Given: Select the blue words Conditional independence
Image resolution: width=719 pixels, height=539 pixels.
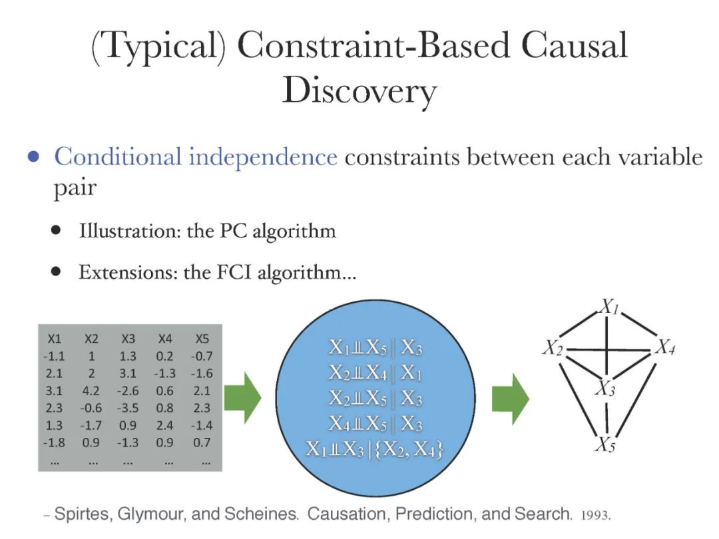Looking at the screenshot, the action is pos(196,157).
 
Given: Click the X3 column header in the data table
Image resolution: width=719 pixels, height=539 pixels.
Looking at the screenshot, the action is pos(128,339).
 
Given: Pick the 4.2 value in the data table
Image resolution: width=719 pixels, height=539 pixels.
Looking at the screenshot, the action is pos(91,391).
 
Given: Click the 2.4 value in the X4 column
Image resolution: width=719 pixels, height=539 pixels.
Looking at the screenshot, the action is pos(166,425).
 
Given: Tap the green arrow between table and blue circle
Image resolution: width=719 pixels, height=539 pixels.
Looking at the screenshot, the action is pos(242,399).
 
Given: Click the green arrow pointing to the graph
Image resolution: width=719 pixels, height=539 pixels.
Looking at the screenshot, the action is pos(510,399).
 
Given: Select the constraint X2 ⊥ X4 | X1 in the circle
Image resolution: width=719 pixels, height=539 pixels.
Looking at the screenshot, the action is pos(375,373).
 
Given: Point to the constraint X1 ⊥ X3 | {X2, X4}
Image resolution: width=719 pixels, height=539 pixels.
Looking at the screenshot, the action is pos(375,450).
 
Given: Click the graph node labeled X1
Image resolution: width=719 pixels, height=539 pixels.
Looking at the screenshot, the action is pos(609,307).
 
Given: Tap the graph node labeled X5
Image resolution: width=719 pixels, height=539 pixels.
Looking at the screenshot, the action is pos(604,445).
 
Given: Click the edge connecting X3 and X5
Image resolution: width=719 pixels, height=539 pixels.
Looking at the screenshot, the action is pos(606,417).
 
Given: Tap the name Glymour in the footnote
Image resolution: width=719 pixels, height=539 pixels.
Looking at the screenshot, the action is pos(150,514).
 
